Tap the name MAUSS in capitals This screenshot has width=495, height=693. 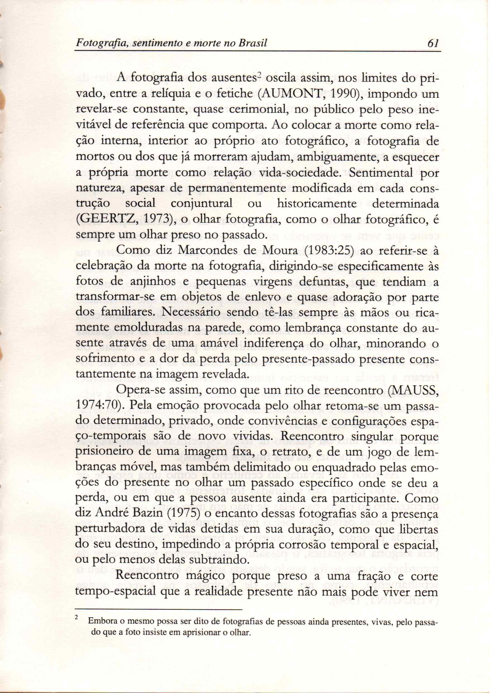tap(416, 390)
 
